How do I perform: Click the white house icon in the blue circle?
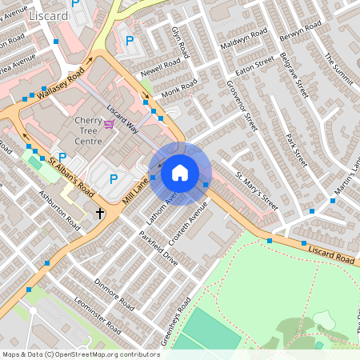[x=180, y=173]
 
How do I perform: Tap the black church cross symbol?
[x=101, y=213]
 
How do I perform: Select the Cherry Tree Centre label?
[x=88, y=130]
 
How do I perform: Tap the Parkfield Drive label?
[x=158, y=249]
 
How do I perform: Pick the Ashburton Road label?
[x=58, y=210]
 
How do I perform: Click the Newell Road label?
[x=158, y=71]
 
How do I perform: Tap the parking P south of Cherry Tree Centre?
[x=113, y=179]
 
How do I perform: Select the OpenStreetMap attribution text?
[x=81, y=354]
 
